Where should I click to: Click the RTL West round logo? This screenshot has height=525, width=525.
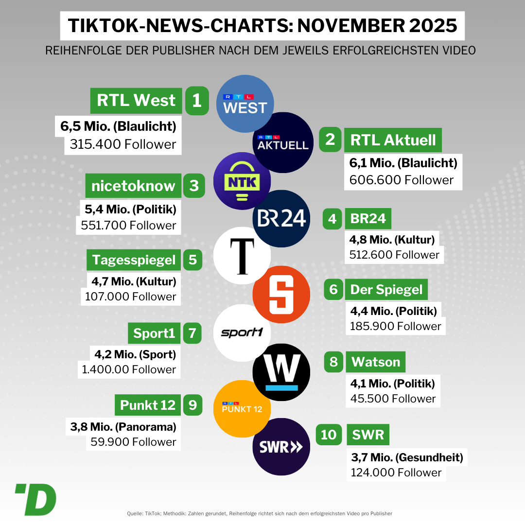tap(245, 104)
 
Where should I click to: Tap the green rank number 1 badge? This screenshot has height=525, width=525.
tap(196, 101)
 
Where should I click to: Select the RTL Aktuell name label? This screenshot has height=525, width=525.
tap(393, 140)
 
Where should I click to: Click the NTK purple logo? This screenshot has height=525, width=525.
tap(242, 181)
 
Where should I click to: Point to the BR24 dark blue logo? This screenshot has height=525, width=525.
tap(281, 218)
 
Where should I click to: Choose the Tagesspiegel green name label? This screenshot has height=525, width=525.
tap(134, 260)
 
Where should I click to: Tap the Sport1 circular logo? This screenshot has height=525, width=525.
tap(242, 333)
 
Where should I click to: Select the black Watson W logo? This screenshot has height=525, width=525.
tap(281, 372)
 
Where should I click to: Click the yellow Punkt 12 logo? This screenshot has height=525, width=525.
tap(242, 409)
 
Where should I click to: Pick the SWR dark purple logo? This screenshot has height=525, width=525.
tap(281, 446)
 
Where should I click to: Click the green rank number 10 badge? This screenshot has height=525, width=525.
tap(329, 434)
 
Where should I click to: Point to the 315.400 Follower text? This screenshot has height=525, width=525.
tap(123, 144)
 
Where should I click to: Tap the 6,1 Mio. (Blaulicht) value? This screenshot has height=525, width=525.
tap(403, 163)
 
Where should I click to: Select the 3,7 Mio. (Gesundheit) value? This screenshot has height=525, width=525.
tap(407, 457)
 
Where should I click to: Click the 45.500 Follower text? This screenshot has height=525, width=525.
tap(393, 399)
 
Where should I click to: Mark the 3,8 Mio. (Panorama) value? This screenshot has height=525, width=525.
tap(123, 427)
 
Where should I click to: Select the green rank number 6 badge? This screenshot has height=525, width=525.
tap(333, 290)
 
